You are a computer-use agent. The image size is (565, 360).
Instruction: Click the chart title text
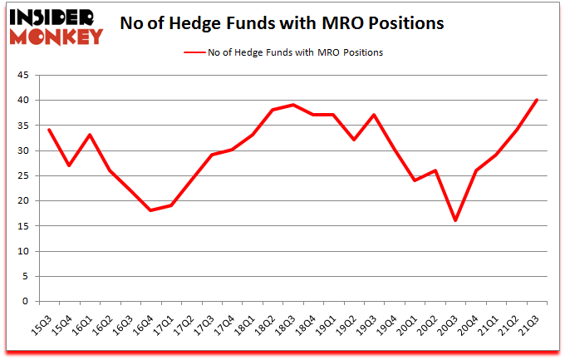pos(282,23)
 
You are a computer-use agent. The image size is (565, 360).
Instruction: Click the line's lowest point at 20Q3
pos(456,220)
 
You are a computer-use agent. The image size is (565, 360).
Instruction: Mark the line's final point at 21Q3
pos(537,101)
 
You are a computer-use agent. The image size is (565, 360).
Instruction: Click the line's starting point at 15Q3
pos(50,130)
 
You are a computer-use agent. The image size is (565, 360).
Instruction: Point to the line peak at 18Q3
pos(293,105)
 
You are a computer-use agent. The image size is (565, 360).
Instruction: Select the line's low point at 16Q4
pos(151,210)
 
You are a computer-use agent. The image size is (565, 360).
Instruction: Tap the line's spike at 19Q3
pos(375,115)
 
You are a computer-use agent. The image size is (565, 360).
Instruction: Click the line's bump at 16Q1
pos(91,135)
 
